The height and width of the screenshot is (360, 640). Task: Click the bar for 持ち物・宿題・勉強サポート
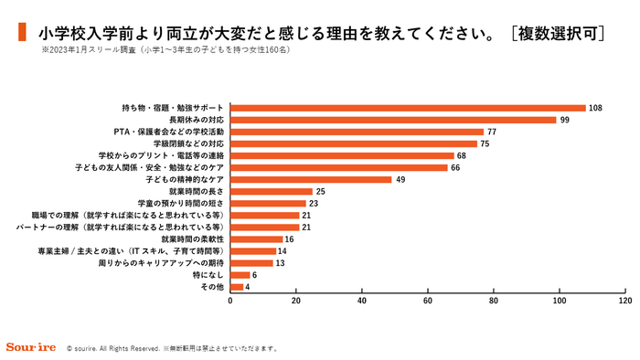coord(408,108)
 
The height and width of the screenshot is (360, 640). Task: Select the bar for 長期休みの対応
coord(393,120)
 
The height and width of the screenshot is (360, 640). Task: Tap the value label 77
coord(492,132)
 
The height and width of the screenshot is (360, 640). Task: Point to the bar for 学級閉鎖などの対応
coord(354,143)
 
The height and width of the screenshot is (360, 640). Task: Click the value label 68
coord(462,155)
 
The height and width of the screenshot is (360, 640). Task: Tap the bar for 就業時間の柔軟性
coord(256,238)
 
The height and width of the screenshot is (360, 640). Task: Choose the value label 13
coord(281,262)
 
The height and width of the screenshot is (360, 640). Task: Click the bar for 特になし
coord(240,274)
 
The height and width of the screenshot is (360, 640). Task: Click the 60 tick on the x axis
coord(428,300)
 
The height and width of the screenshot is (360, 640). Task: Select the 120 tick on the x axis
coord(625,300)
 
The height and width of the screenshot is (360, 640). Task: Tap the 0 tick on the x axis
coord(230,300)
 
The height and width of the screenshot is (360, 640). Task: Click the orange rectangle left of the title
coord(23,34)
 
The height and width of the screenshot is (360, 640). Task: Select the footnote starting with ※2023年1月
coord(165,49)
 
